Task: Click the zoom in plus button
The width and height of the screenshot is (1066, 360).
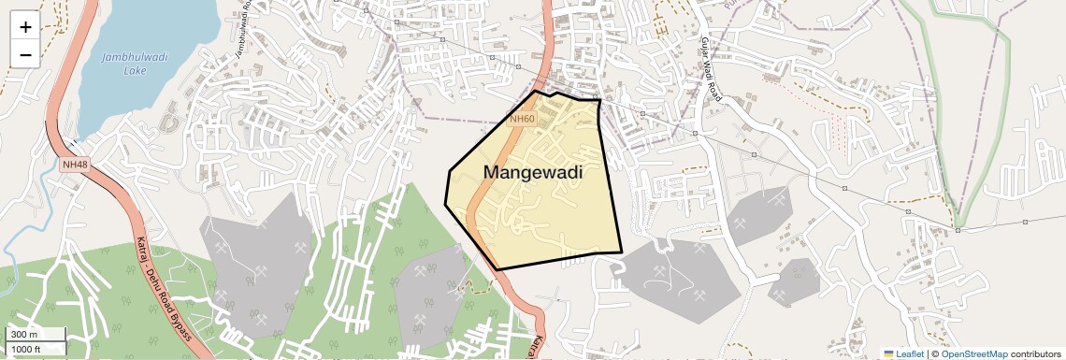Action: point(25,26)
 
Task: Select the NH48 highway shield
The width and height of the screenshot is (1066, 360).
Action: point(73,165)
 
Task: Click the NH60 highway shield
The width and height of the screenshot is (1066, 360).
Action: point(522,119)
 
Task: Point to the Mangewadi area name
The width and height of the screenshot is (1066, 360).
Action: point(533,172)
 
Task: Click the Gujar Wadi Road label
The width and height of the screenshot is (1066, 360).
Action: point(711,69)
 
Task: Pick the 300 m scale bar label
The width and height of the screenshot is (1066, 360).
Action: point(24,335)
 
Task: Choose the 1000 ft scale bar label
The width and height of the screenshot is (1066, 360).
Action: point(27,349)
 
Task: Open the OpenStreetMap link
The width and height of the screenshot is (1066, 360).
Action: point(974,353)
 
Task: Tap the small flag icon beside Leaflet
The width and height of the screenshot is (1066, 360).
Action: point(889,353)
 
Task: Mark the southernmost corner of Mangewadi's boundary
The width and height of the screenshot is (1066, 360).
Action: point(497,269)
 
